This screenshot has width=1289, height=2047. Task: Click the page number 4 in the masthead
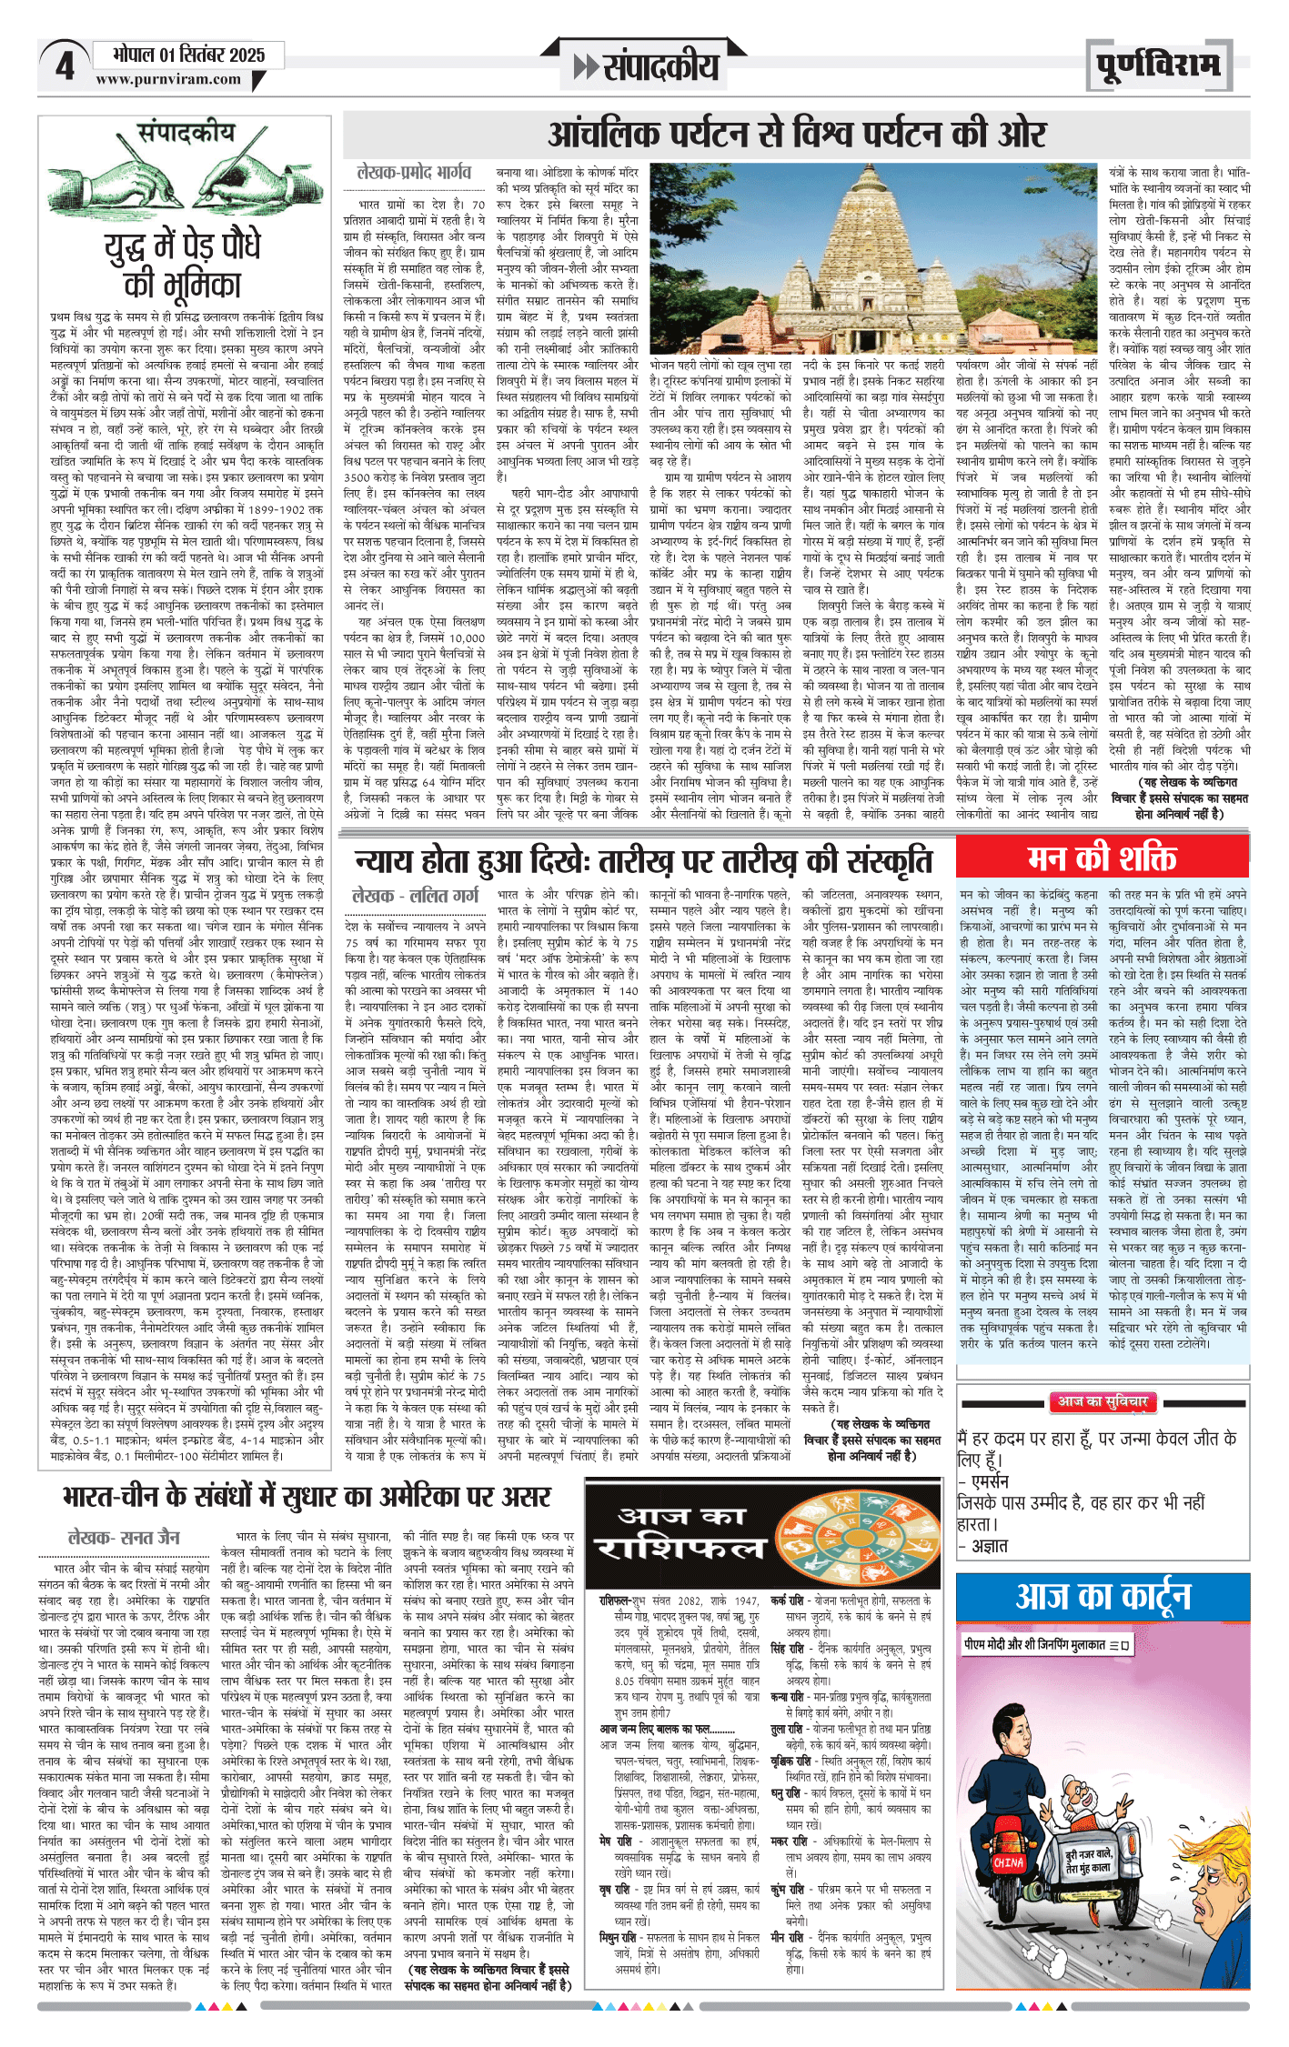point(64,65)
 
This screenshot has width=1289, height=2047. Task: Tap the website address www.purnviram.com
point(168,79)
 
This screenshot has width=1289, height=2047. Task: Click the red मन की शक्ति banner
point(1102,858)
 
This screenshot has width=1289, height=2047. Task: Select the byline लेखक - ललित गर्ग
point(414,896)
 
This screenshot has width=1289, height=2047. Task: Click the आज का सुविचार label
point(1103,1402)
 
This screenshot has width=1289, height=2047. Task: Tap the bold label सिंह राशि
point(787,1649)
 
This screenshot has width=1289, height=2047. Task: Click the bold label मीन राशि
point(787,1937)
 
